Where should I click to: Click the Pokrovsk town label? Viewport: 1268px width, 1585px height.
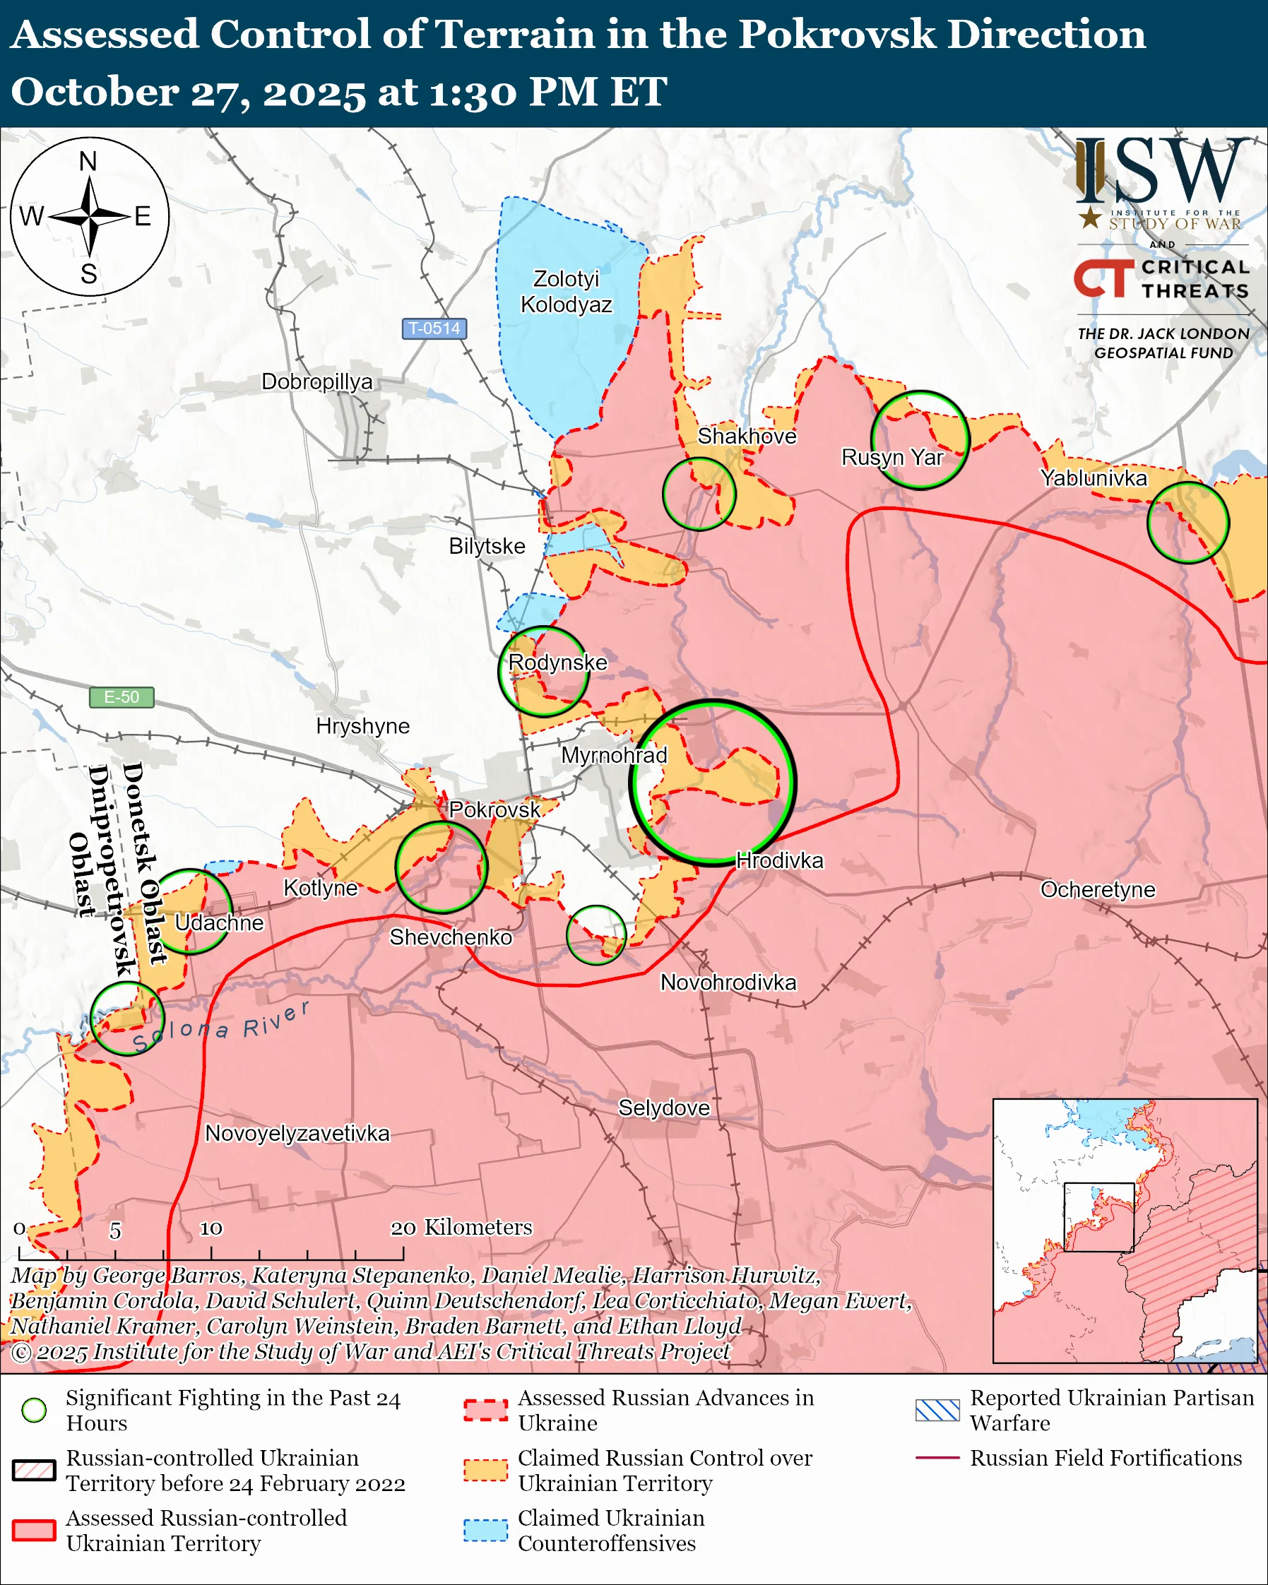(494, 809)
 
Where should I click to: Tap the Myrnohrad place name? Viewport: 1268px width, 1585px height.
(614, 755)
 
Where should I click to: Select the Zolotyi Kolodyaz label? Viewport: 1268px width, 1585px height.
(566, 291)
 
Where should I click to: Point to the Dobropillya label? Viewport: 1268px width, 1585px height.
(316, 381)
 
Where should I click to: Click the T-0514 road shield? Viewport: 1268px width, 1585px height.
(434, 328)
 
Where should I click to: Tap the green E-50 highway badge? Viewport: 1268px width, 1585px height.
(122, 696)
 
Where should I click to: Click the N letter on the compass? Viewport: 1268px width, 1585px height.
(88, 161)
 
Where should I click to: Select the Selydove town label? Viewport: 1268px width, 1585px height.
(664, 1107)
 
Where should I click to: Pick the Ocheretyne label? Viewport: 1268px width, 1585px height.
(1098, 889)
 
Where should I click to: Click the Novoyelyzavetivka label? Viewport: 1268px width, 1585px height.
(297, 1133)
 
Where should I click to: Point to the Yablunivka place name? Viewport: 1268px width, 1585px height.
(1093, 478)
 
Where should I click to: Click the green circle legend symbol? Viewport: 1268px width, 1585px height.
(34, 1409)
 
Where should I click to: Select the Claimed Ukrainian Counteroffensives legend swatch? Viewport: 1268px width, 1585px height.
(485, 1530)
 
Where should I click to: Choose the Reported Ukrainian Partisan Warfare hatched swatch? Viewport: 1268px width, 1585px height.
(937, 1409)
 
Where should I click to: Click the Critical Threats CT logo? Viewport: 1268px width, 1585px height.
(1103, 278)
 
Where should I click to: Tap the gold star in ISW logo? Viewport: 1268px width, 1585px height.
(1090, 218)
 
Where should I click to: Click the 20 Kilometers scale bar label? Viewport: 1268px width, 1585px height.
(461, 1227)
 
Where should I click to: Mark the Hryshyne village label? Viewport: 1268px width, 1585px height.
(362, 725)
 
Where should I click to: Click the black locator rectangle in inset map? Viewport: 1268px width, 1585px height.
(1099, 1217)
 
